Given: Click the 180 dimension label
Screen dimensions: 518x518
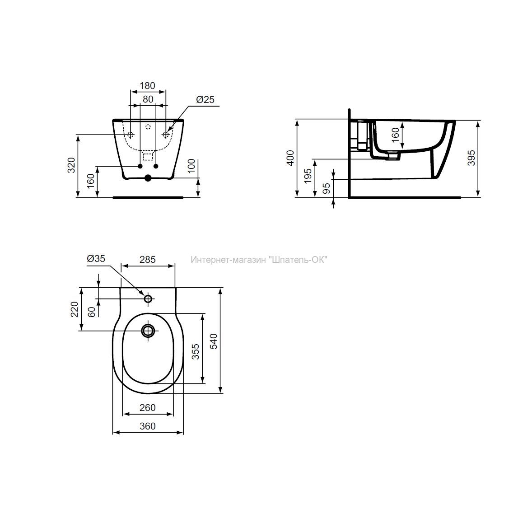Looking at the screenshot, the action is point(147,85).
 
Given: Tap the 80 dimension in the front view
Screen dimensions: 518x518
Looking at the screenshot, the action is point(148,99).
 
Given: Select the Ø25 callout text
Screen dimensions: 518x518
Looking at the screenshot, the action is point(205,99).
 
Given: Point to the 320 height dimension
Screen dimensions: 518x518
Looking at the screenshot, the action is point(72,165).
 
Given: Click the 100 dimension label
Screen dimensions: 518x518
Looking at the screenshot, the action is point(191,166).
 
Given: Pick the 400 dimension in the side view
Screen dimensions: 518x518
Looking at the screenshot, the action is point(290,158).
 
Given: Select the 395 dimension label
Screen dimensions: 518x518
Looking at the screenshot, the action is point(471,158).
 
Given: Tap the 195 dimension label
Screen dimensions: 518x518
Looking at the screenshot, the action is point(308,176).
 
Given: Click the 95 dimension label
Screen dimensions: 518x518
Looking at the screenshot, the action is point(327,188).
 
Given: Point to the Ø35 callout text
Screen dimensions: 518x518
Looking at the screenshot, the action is point(96,259).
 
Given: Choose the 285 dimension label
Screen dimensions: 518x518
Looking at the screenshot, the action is point(147,260).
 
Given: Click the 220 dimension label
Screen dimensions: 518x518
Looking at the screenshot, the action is point(75,309).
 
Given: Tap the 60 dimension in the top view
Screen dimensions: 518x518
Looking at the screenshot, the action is point(92,312).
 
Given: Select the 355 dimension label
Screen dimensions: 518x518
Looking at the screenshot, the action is point(196,351).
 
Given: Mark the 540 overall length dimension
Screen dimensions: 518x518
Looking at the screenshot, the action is point(214,341).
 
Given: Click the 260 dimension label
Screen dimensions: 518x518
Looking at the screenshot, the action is point(147,408).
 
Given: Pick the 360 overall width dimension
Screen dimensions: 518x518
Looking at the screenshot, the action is point(147,426).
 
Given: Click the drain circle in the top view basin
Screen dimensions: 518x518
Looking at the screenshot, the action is point(148,330).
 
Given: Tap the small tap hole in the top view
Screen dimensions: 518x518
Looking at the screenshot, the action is point(148,299).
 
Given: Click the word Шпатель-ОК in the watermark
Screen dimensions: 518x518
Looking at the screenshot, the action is point(299,260).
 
